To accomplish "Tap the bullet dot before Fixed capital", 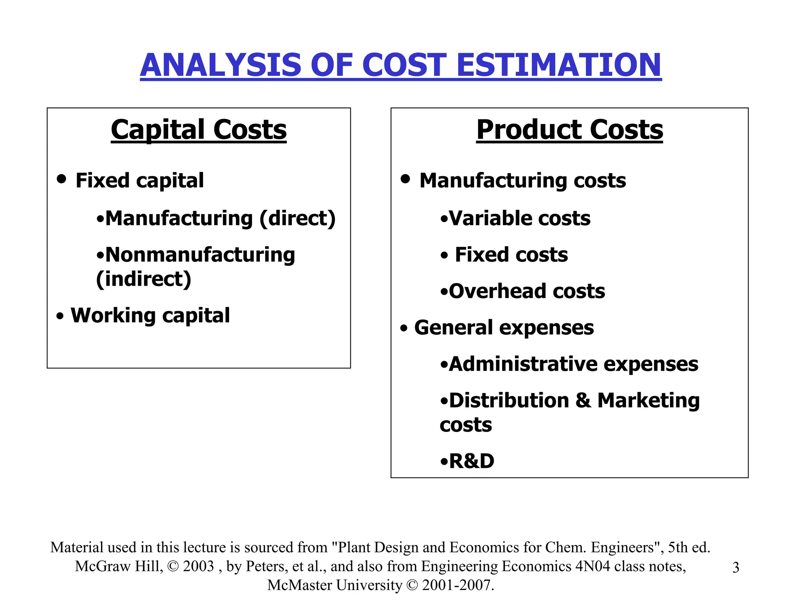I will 61,179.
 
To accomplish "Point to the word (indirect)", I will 144,279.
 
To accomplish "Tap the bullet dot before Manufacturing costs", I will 405,179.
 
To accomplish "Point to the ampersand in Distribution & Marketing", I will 583,400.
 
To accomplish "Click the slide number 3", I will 736,567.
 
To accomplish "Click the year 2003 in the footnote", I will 198,566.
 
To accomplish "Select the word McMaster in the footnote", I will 299,585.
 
